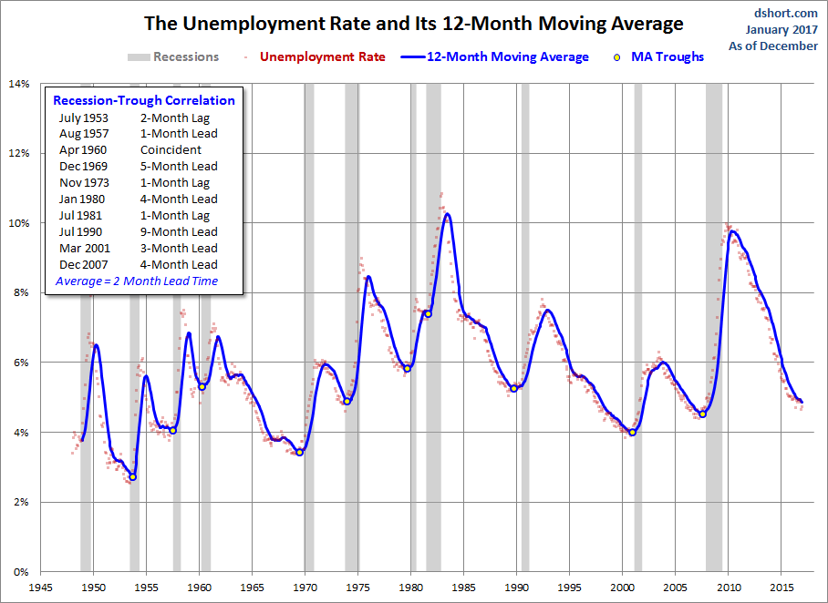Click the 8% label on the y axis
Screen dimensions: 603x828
[x=20, y=292]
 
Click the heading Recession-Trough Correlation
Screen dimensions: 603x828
[x=144, y=100]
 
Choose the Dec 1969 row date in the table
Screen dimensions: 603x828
[x=83, y=167]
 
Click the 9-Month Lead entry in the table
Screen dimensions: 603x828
[x=179, y=232]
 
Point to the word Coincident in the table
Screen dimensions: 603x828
[x=171, y=150]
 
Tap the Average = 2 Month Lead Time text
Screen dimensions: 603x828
[x=137, y=281]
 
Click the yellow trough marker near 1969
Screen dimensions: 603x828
[x=299, y=453]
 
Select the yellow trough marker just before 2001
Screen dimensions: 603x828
[x=633, y=432]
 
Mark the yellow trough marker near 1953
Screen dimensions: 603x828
[x=132, y=476]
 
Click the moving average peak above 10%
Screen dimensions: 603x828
[x=447, y=214]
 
